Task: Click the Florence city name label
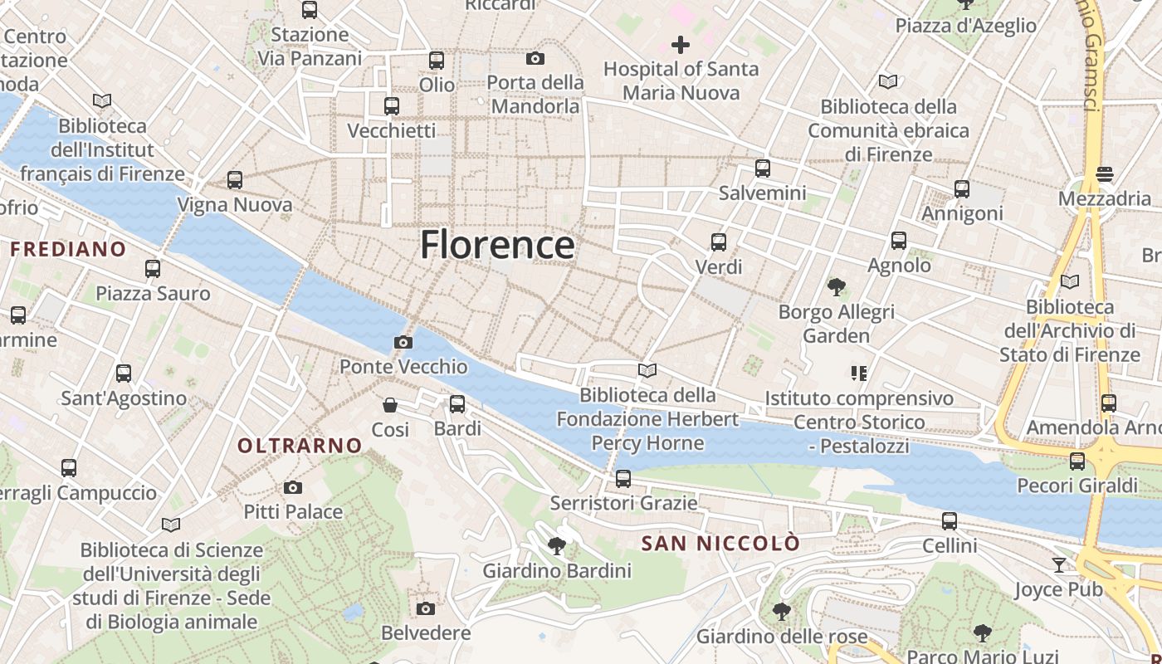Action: pyautogui.click(x=496, y=245)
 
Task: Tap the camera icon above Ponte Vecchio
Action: pyautogui.click(x=403, y=342)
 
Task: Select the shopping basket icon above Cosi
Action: pyautogui.click(x=390, y=405)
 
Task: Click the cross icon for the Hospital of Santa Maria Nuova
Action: pyautogui.click(x=681, y=45)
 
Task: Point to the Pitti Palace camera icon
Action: pyautogui.click(x=292, y=487)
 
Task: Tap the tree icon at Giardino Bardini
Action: pyautogui.click(x=557, y=545)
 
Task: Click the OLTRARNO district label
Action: pyautogui.click(x=300, y=446)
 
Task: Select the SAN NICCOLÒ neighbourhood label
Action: pyautogui.click(x=720, y=544)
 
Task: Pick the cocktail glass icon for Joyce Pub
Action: pyautogui.click(x=1058, y=565)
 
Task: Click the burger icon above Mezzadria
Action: pyautogui.click(x=1104, y=174)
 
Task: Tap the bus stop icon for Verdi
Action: pyautogui.click(x=719, y=242)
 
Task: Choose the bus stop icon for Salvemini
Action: pyautogui.click(x=762, y=168)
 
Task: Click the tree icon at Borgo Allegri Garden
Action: pyautogui.click(x=836, y=287)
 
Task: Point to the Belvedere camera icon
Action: pyautogui.click(x=426, y=608)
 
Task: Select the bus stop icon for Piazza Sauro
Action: pyautogui.click(x=153, y=269)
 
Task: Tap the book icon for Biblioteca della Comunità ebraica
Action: pyautogui.click(x=888, y=81)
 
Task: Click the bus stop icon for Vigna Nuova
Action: pyautogui.click(x=235, y=180)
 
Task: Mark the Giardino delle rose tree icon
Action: pyautogui.click(x=781, y=612)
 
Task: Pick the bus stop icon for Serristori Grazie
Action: pyautogui.click(x=623, y=479)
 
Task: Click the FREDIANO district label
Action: pyautogui.click(x=68, y=249)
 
